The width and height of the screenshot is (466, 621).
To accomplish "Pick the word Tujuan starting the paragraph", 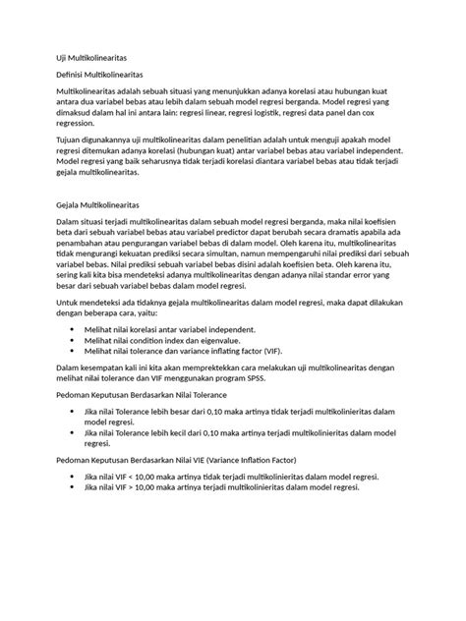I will tap(70, 141).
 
